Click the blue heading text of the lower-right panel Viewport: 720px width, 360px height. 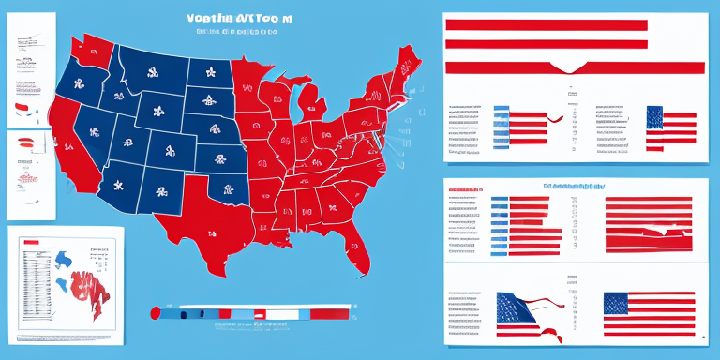(x=572, y=186)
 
